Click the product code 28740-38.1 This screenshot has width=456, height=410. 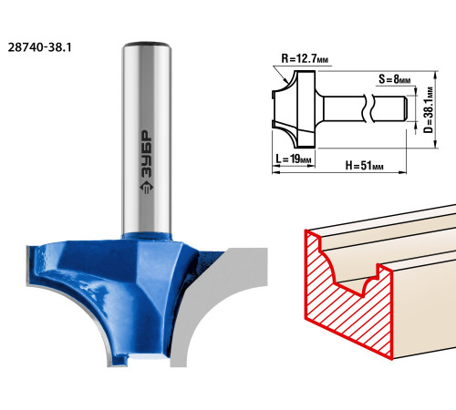coord(39,47)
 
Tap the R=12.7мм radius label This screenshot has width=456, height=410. coord(305,58)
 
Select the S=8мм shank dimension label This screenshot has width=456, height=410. coord(394,79)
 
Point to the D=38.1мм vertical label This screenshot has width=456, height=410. coord(429,110)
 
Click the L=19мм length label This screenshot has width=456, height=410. coord(294,159)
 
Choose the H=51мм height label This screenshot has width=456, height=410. coord(364,166)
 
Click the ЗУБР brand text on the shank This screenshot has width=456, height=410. coord(146,154)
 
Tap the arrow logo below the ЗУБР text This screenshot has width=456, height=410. coord(146,189)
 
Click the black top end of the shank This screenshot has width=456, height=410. coord(147,44)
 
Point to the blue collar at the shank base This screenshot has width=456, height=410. coord(147,236)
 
